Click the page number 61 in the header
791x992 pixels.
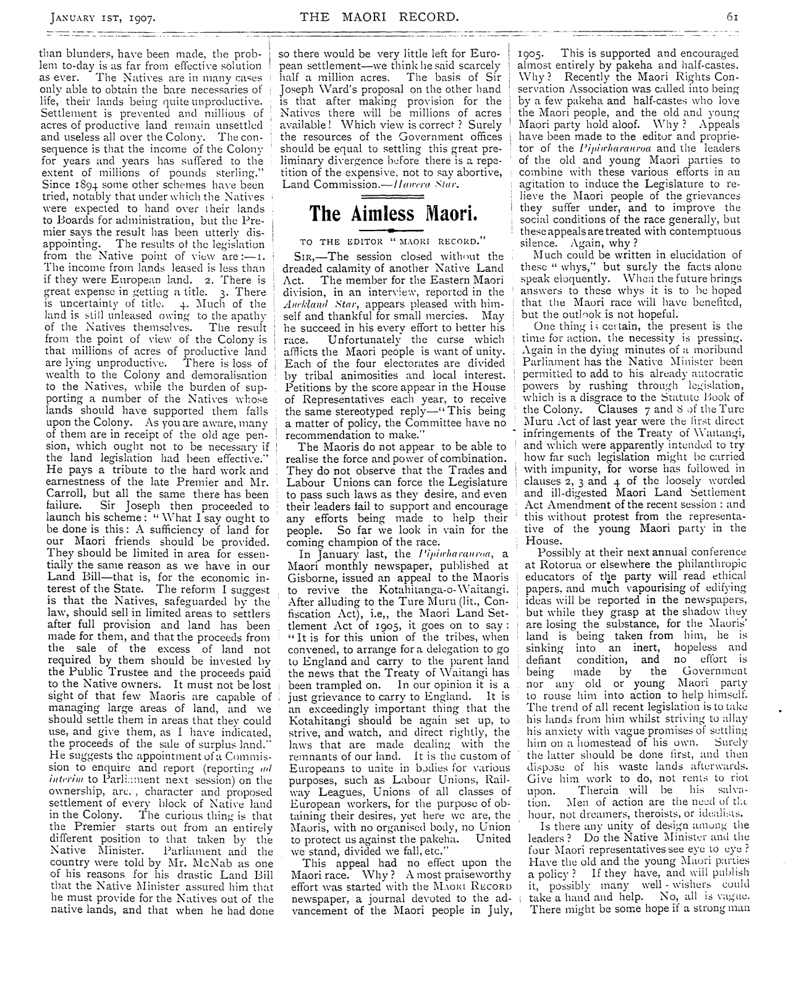(x=733, y=17)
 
